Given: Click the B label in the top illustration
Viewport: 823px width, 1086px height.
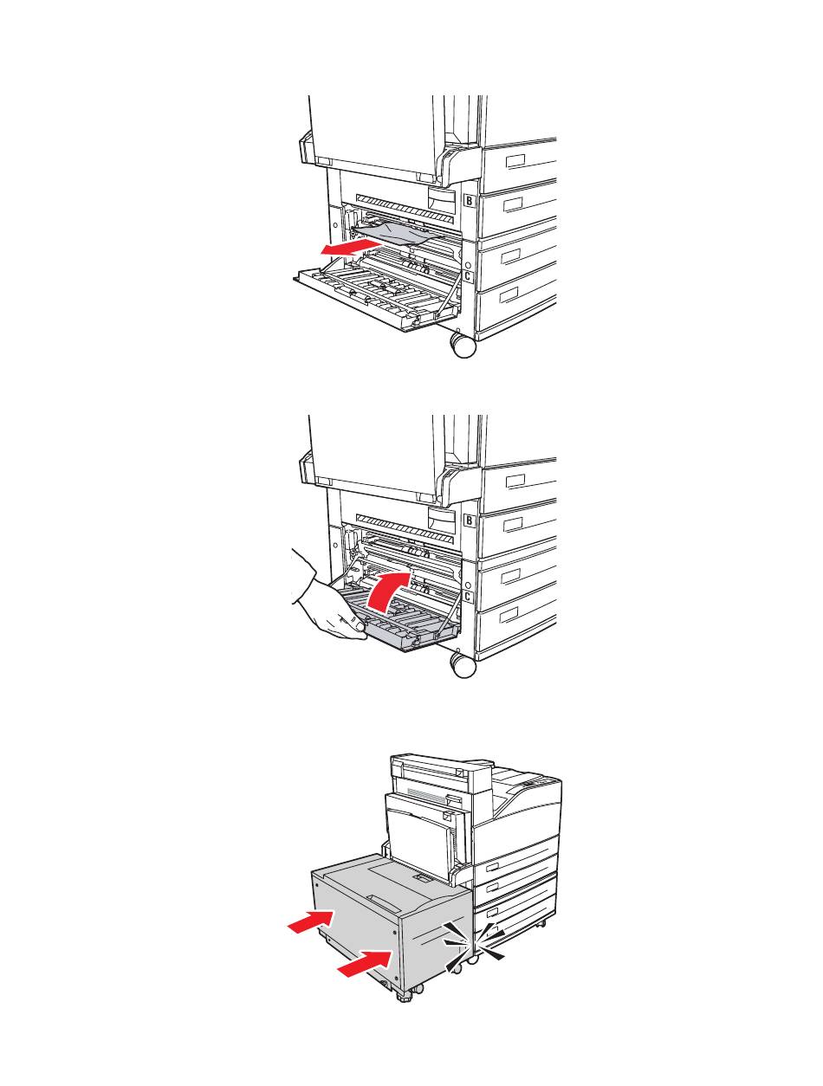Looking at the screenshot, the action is (x=469, y=200).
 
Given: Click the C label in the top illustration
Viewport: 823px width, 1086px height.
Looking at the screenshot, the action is (x=467, y=276).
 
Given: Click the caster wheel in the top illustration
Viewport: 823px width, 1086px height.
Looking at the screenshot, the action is (x=463, y=345).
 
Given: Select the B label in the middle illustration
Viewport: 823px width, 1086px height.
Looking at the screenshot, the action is (x=469, y=520).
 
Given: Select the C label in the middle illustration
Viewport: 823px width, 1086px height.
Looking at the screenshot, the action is (x=467, y=596).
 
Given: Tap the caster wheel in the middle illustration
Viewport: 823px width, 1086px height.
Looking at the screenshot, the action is (x=463, y=664).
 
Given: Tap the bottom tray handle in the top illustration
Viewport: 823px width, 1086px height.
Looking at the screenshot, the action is (x=509, y=294).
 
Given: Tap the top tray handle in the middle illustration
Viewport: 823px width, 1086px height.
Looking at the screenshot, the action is (x=515, y=481).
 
